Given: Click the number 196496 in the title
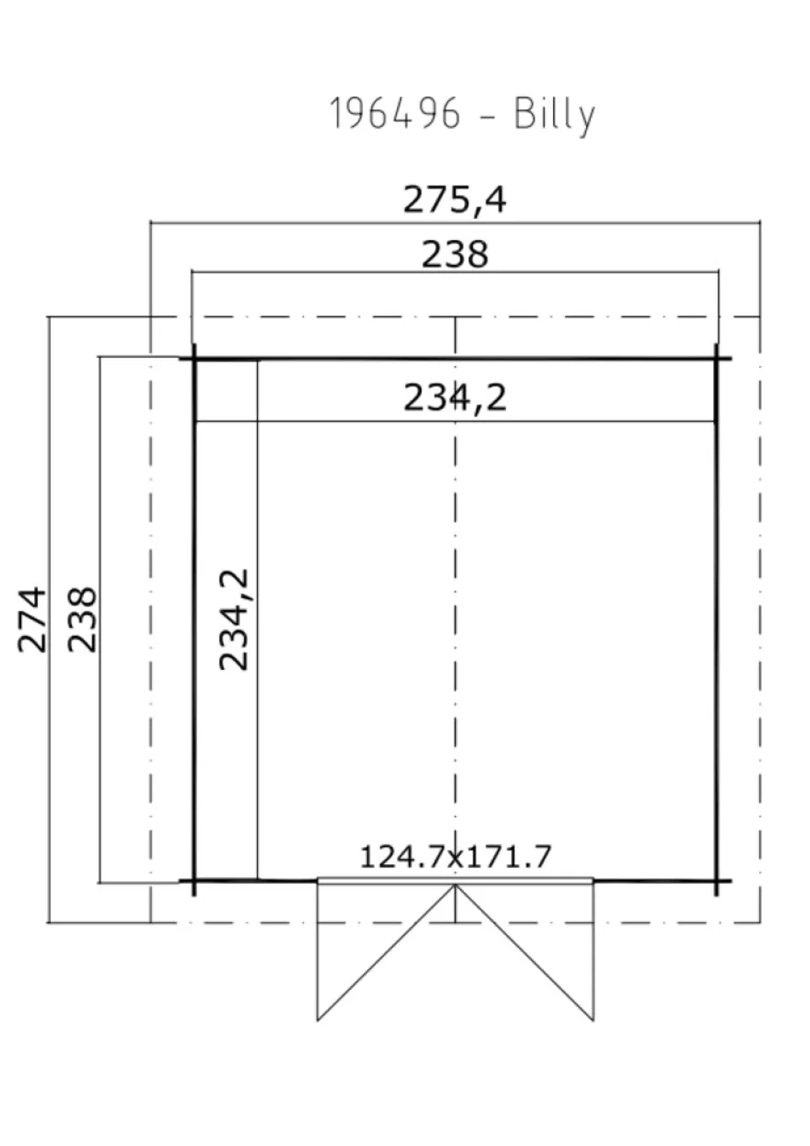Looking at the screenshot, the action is pos(395,113).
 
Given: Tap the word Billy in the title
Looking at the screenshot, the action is pos(555,116).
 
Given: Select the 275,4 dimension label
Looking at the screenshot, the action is pos(455,200).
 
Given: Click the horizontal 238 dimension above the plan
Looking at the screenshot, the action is pos(455,254).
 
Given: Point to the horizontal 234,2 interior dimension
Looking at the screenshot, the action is pos(455,398).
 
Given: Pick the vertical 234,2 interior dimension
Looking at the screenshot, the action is pos(234,619).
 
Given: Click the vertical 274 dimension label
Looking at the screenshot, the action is pos(31,619).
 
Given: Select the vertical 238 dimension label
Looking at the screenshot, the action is pos(82,619).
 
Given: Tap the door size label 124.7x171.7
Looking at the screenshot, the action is pos(456,856).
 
